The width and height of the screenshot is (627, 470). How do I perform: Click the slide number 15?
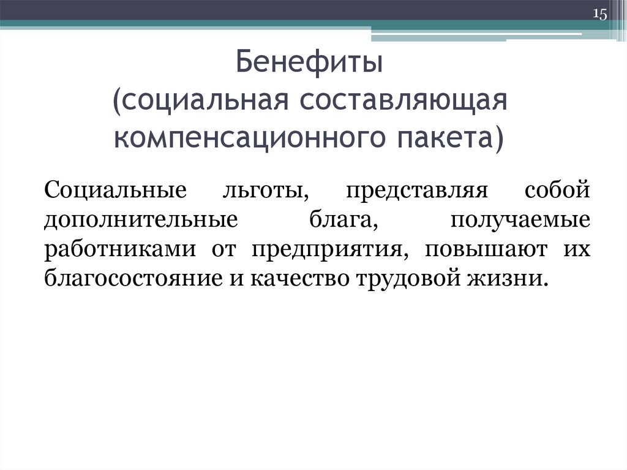(599, 14)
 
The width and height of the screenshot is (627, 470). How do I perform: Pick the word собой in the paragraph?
(557, 188)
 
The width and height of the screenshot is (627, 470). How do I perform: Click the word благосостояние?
(135, 279)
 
